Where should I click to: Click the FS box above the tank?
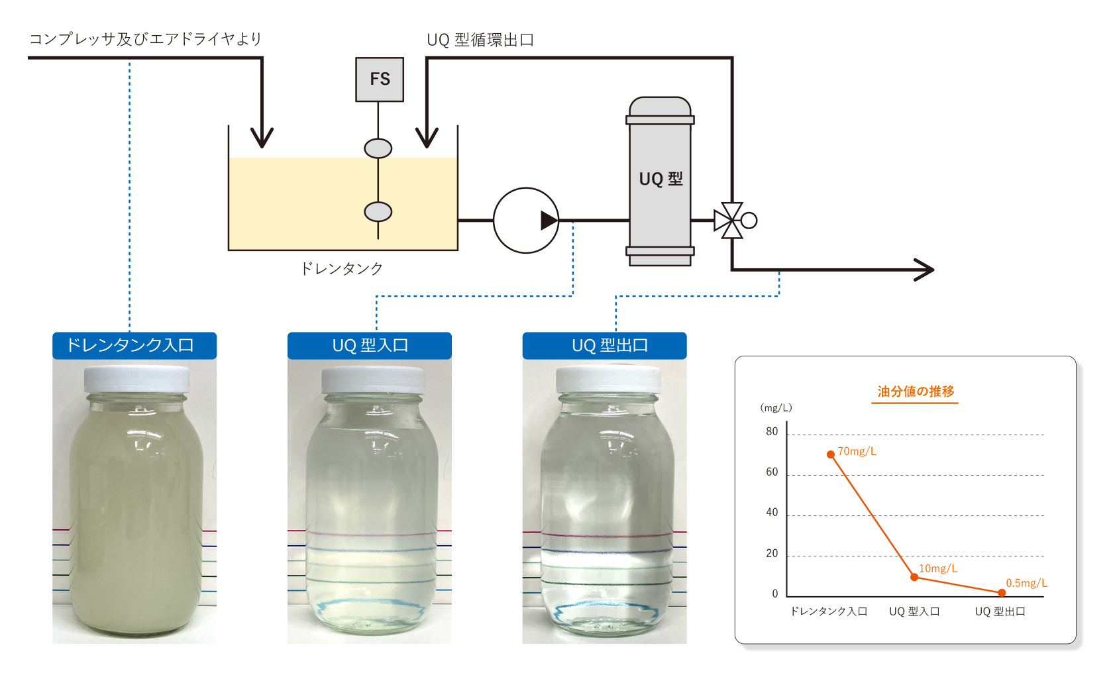click(x=380, y=79)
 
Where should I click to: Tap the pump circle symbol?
click(x=526, y=221)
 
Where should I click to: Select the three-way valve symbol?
click(x=731, y=221)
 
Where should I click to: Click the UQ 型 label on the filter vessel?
click(x=661, y=179)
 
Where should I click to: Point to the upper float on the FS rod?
click(x=378, y=148)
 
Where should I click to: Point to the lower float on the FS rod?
click(x=378, y=212)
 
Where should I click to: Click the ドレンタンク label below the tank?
click(x=342, y=268)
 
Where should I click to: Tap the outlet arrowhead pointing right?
click(x=925, y=270)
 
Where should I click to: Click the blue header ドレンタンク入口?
click(x=134, y=345)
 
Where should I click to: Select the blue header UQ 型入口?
click(x=370, y=345)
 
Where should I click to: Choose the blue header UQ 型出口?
click(x=604, y=345)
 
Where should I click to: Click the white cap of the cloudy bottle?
click(x=137, y=379)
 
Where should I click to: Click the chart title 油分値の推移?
click(x=916, y=391)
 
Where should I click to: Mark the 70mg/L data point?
click(x=831, y=454)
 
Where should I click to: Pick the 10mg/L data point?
click(x=914, y=577)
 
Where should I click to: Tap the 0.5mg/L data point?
click(x=1002, y=592)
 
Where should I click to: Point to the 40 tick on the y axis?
click(x=772, y=513)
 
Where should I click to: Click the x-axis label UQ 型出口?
click(x=1000, y=611)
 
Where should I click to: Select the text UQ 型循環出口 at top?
click(x=480, y=40)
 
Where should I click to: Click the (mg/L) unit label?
click(x=776, y=408)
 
